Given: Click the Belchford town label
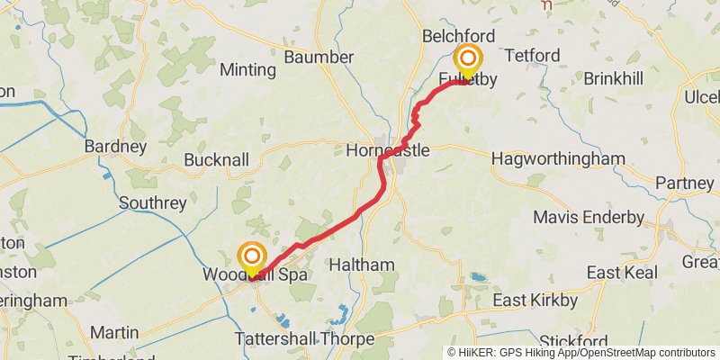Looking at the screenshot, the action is [459, 36].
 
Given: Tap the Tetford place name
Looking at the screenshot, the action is [532, 56].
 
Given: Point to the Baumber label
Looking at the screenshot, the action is [319, 57].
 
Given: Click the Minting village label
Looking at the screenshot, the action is [247, 69].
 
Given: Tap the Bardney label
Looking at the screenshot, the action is [115, 146].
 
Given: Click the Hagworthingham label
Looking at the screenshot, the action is [558, 159].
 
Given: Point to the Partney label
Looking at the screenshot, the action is [684, 183].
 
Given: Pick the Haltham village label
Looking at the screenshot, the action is [361, 265].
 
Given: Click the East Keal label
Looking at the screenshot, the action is [618, 272].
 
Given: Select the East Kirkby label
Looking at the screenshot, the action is [534, 301].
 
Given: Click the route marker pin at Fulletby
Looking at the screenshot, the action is [468, 61].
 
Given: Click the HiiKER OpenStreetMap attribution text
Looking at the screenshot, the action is [582, 352].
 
